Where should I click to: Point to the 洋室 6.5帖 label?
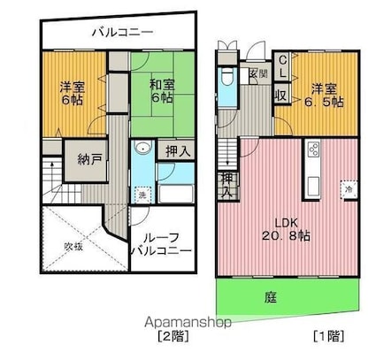pyautogui.click(x=325, y=96)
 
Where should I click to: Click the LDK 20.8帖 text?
pyautogui.click(x=286, y=228)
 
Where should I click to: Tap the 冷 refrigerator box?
pyautogui.click(x=349, y=189)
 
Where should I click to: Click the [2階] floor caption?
pyautogui.click(x=173, y=337)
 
